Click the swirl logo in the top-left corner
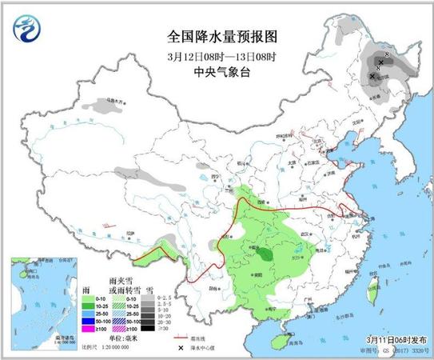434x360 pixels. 27,30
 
